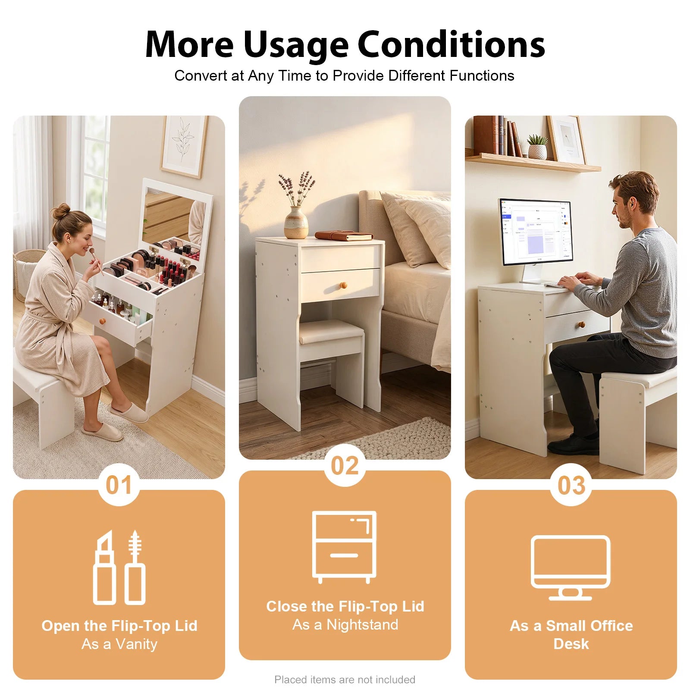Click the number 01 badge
point(119,485)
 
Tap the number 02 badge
point(345,465)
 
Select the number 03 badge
point(571,485)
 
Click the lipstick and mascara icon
point(119,567)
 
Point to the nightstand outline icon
point(345,547)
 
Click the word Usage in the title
point(295,44)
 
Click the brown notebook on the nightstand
point(344,235)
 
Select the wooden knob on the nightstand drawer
point(343,285)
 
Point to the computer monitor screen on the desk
point(536,232)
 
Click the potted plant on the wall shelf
point(537,147)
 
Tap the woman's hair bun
point(61,211)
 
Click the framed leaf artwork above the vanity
point(184,146)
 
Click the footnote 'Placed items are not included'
point(345,680)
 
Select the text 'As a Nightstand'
point(345,624)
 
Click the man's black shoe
point(573,445)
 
